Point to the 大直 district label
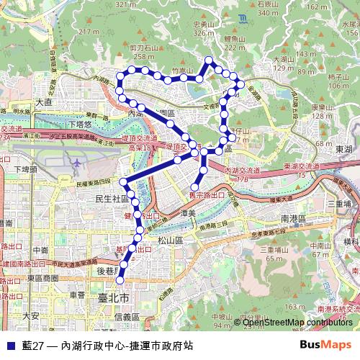44,103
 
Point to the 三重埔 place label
338,204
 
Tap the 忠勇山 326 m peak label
204,28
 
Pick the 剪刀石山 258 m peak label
144,51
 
